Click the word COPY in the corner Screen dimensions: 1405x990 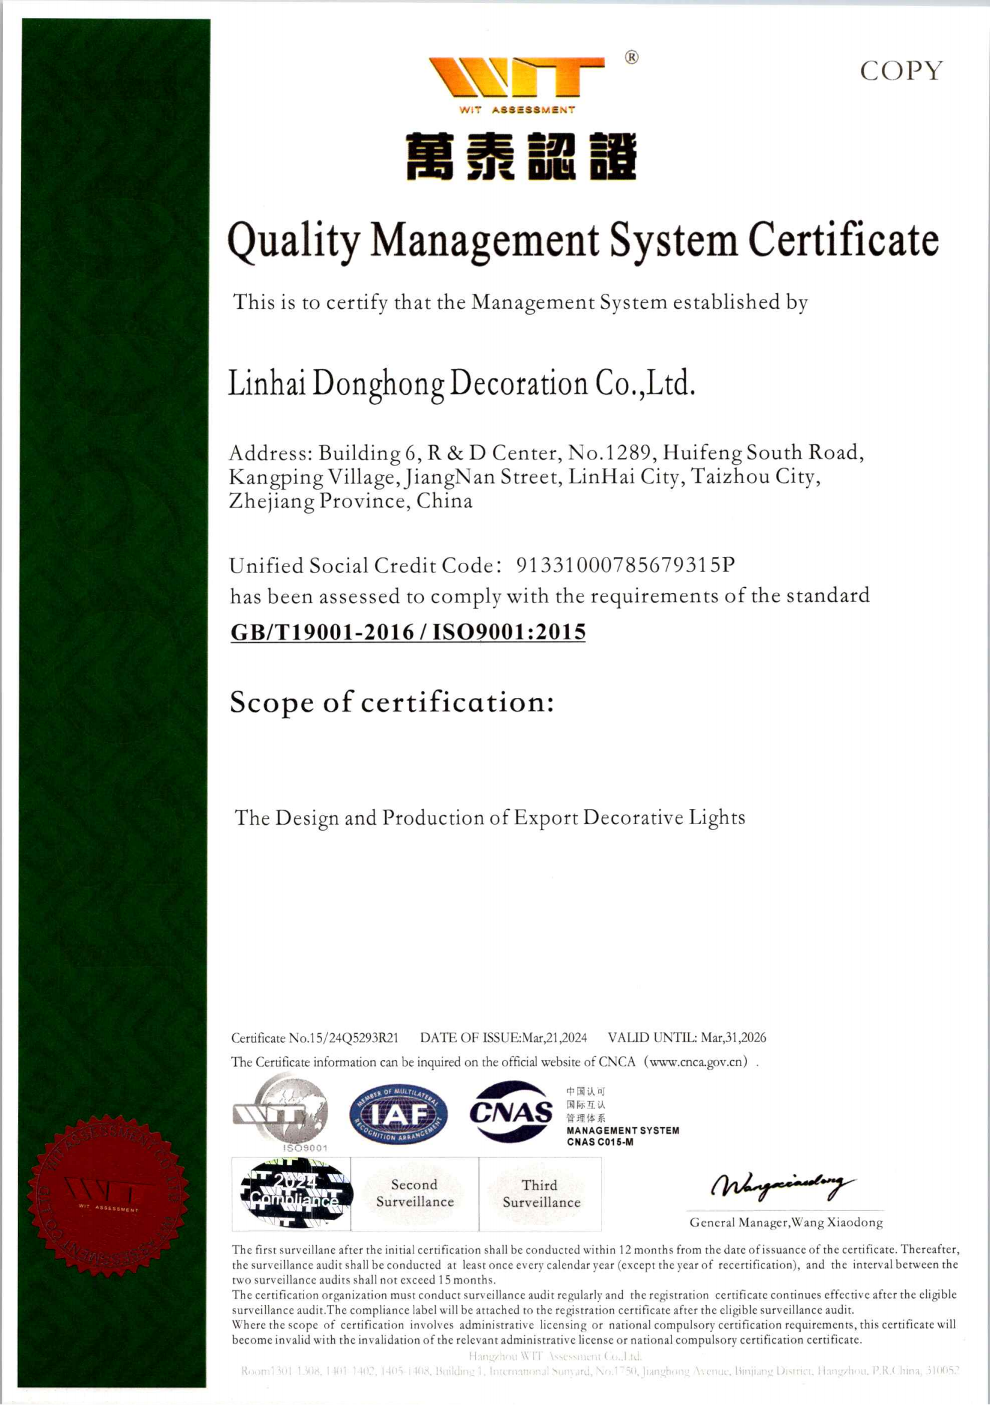pyautogui.click(x=900, y=71)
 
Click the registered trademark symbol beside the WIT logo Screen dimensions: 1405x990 pyautogui.click(x=631, y=58)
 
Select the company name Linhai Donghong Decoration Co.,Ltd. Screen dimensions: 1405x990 pyautogui.click(x=462, y=384)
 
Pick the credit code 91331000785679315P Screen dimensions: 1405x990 pyautogui.click(x=625, y=565)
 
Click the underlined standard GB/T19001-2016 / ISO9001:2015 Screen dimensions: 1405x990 pyautogui.click(x=408, y=631)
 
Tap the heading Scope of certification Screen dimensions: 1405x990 pyautogui.click(x=392, y=702)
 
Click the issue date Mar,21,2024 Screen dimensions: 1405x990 pyautogui.click(x=554, y=1038)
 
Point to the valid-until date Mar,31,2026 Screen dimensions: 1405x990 pyautogui.click(x=733, y=1038)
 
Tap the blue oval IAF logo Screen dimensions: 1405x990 pyautogui.click(x=398, y=1115)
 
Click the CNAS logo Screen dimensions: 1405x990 pyautogui.click(x=510, y=1112)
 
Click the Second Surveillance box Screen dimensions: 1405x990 pyautogui.click(x=415, y=1194)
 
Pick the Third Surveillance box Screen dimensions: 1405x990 pyautogui.click(x=540, y=1194)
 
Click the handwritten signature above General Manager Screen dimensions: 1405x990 pyautogui.click(x=782, y=1185)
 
